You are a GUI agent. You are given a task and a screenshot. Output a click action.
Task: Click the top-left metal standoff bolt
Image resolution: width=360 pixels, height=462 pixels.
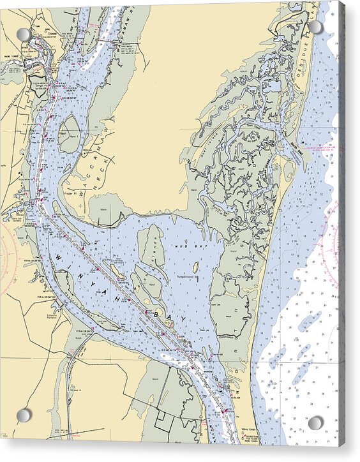(24, 34)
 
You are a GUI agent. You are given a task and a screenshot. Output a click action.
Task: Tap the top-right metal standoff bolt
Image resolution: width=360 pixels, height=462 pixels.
(315, 27)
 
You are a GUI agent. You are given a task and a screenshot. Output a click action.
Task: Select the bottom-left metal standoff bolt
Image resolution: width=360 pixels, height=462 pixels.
(24, 415)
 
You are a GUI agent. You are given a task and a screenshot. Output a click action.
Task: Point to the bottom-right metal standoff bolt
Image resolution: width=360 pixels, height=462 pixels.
(316, 422)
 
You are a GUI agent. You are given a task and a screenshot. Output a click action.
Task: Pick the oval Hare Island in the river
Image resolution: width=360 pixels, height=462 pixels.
(69, 133)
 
